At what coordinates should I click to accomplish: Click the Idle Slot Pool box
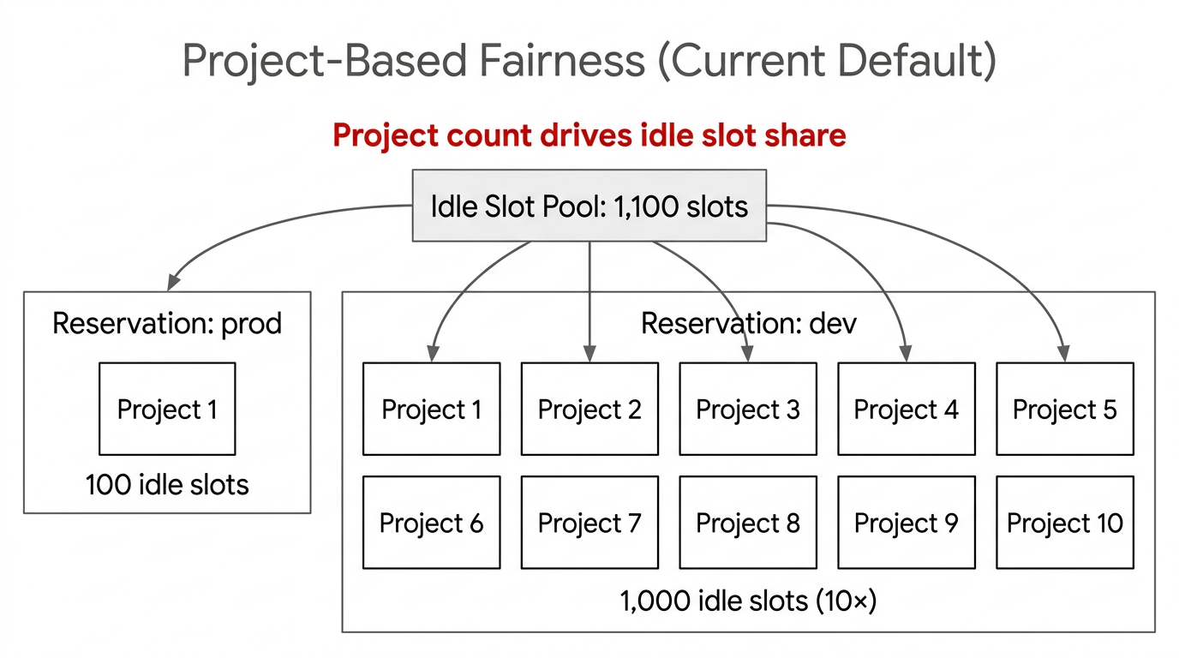(x=589, y=206)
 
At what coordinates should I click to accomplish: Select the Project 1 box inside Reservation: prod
(x=167, y=409)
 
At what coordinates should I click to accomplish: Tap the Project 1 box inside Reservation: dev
(x=431, y=409)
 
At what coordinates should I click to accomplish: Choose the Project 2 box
(x=589, y=409)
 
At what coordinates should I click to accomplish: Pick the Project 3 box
(x=748, y=409)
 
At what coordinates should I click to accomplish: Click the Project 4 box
(x=906, y=409)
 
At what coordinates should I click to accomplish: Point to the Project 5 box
(x=1064, y=409)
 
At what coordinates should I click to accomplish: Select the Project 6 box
(x=431, y=523)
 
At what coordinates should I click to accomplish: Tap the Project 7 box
(x=589, y=523)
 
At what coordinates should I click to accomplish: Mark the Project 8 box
(x=748, y=523)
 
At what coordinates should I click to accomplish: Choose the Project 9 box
(x=906, y=523)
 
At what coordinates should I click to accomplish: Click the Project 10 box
(x=1064, y=523)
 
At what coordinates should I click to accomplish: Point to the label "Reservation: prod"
(x=167, y=323)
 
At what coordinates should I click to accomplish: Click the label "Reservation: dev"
(x=748, y=323)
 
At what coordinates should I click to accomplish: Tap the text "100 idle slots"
(x=167, y=485)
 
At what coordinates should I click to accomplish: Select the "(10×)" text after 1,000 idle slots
(x=844, y=601)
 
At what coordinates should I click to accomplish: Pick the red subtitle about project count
(x=589, y=135)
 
